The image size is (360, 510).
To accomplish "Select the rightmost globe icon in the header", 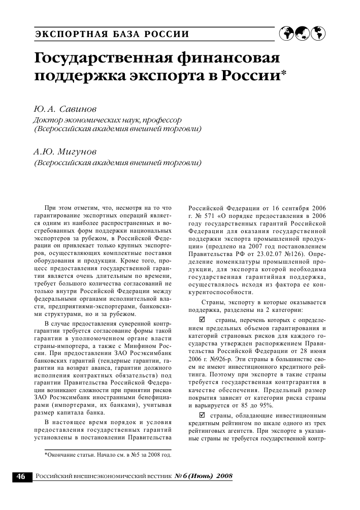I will pyautogui.click(x=318, y=33).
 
